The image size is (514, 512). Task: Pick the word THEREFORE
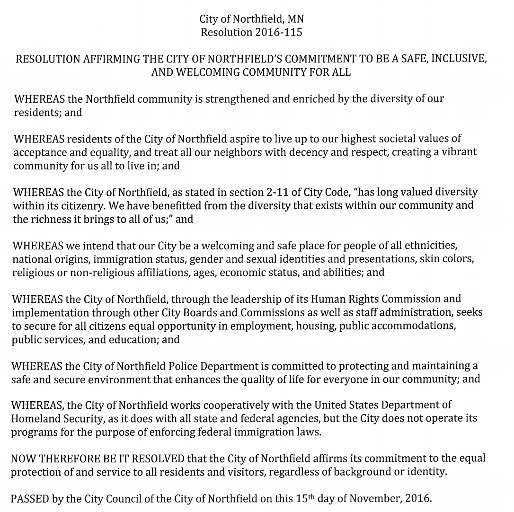65,458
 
